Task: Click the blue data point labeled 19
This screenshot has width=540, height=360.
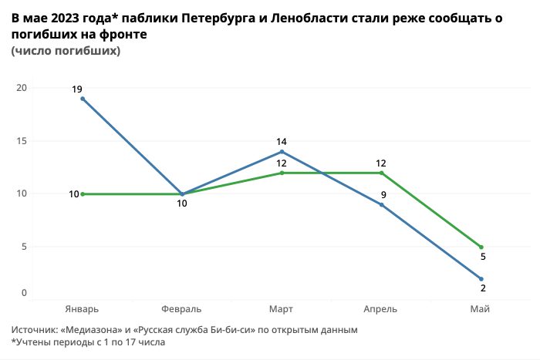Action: tap(83, 99)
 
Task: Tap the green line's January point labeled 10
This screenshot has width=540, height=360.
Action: tap(83, 194)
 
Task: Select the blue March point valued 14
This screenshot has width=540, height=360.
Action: tap(282, 152)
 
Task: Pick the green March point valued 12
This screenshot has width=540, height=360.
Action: tap(282, 173)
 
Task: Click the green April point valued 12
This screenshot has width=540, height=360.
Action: tap(382, 173)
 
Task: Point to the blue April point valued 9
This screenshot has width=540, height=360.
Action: tap(382, 204)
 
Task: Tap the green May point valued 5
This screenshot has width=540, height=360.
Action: tap(481, 247)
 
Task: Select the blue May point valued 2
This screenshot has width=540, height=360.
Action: tap(481, 278)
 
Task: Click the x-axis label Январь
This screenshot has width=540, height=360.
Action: tap(83, 309)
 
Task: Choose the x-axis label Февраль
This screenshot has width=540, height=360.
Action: tap(182, 309)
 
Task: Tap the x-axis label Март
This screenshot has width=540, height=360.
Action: tap(282, 309)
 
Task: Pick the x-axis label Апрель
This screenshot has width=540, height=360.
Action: tap(381, 309)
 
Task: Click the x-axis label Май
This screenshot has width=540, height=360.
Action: tap(480, 309)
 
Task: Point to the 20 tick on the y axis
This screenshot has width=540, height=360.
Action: tap(22, 88)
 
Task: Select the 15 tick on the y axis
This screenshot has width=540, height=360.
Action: tap(22, 141)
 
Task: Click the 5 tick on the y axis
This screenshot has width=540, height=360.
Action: tap(24, 247)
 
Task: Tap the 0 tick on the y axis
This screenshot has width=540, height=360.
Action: tap(24, 293)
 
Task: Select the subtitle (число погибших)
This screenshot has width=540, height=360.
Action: tap(66, 51)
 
